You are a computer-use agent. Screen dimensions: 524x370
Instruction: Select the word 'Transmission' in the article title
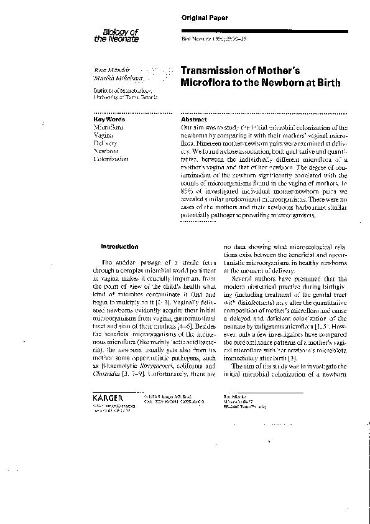(211, 72)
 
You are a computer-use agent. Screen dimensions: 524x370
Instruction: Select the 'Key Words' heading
(109, 119)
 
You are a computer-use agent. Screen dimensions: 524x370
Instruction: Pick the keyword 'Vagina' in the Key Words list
(103, 134)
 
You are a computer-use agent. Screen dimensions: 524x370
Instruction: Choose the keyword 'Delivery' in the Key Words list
(106, 143)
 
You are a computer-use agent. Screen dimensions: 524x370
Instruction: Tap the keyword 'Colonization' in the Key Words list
(111, 159)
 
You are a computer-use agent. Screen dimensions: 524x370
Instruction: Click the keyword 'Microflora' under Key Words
(108, 126)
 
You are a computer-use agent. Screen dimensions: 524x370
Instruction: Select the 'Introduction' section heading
(119, 246)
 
